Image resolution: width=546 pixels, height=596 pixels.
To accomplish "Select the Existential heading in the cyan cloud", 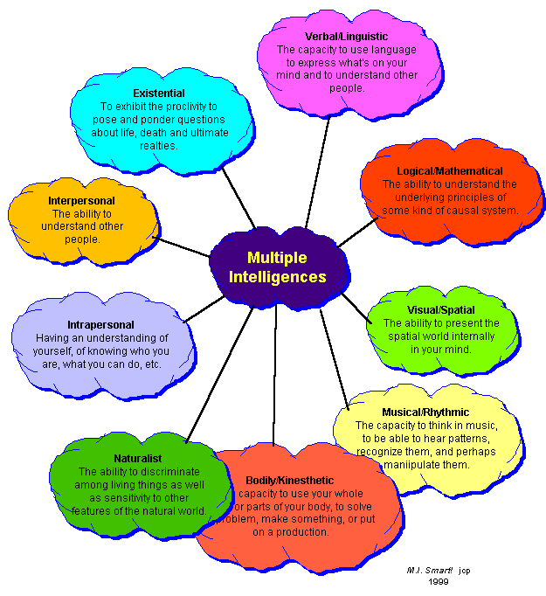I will click(x=158, y=93).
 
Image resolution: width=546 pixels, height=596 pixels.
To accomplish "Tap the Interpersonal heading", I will click(x=81, y=201).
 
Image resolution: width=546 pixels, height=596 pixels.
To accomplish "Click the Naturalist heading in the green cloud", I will click(x=137, y=458).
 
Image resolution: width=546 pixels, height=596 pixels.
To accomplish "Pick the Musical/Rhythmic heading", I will click(x=425, y=412).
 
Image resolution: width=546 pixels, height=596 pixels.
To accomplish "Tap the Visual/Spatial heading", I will click(x=442, y=309).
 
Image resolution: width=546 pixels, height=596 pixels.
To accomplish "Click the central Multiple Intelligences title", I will click(x=277, y=267).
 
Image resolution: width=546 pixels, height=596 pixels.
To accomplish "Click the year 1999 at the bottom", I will click(x=438, y=580).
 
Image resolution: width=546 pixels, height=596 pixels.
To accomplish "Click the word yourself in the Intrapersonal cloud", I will click(x=54, y=350).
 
